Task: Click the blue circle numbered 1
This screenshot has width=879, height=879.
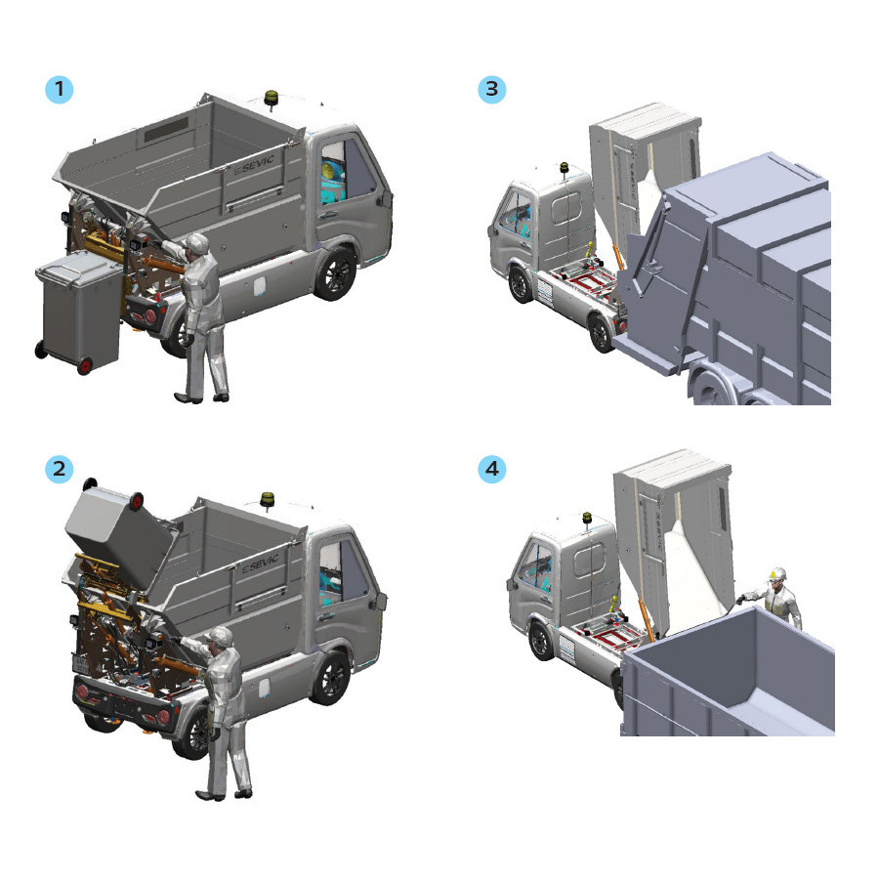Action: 59,89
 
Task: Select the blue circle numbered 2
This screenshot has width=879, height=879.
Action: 59,469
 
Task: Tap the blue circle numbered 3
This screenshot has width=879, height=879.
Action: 491,89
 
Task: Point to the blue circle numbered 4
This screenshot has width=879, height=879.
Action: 491,469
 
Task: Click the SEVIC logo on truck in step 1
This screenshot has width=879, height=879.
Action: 255,164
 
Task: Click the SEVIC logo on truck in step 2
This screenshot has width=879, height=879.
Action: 261,564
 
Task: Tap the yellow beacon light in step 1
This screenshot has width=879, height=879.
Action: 272,99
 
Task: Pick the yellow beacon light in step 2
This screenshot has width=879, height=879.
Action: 268,500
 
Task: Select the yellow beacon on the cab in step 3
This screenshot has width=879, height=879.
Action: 564,168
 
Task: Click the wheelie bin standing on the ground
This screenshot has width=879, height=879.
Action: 78,312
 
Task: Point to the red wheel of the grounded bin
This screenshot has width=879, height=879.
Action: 85,366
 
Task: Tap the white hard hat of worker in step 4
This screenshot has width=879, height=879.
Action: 777,573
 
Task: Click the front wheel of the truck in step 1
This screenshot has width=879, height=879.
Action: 336,273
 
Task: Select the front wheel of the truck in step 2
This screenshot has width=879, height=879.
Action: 332,678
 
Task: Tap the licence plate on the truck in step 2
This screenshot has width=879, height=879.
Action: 80,664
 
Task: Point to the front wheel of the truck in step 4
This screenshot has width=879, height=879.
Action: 541,641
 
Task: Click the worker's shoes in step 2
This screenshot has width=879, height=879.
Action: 224,794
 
